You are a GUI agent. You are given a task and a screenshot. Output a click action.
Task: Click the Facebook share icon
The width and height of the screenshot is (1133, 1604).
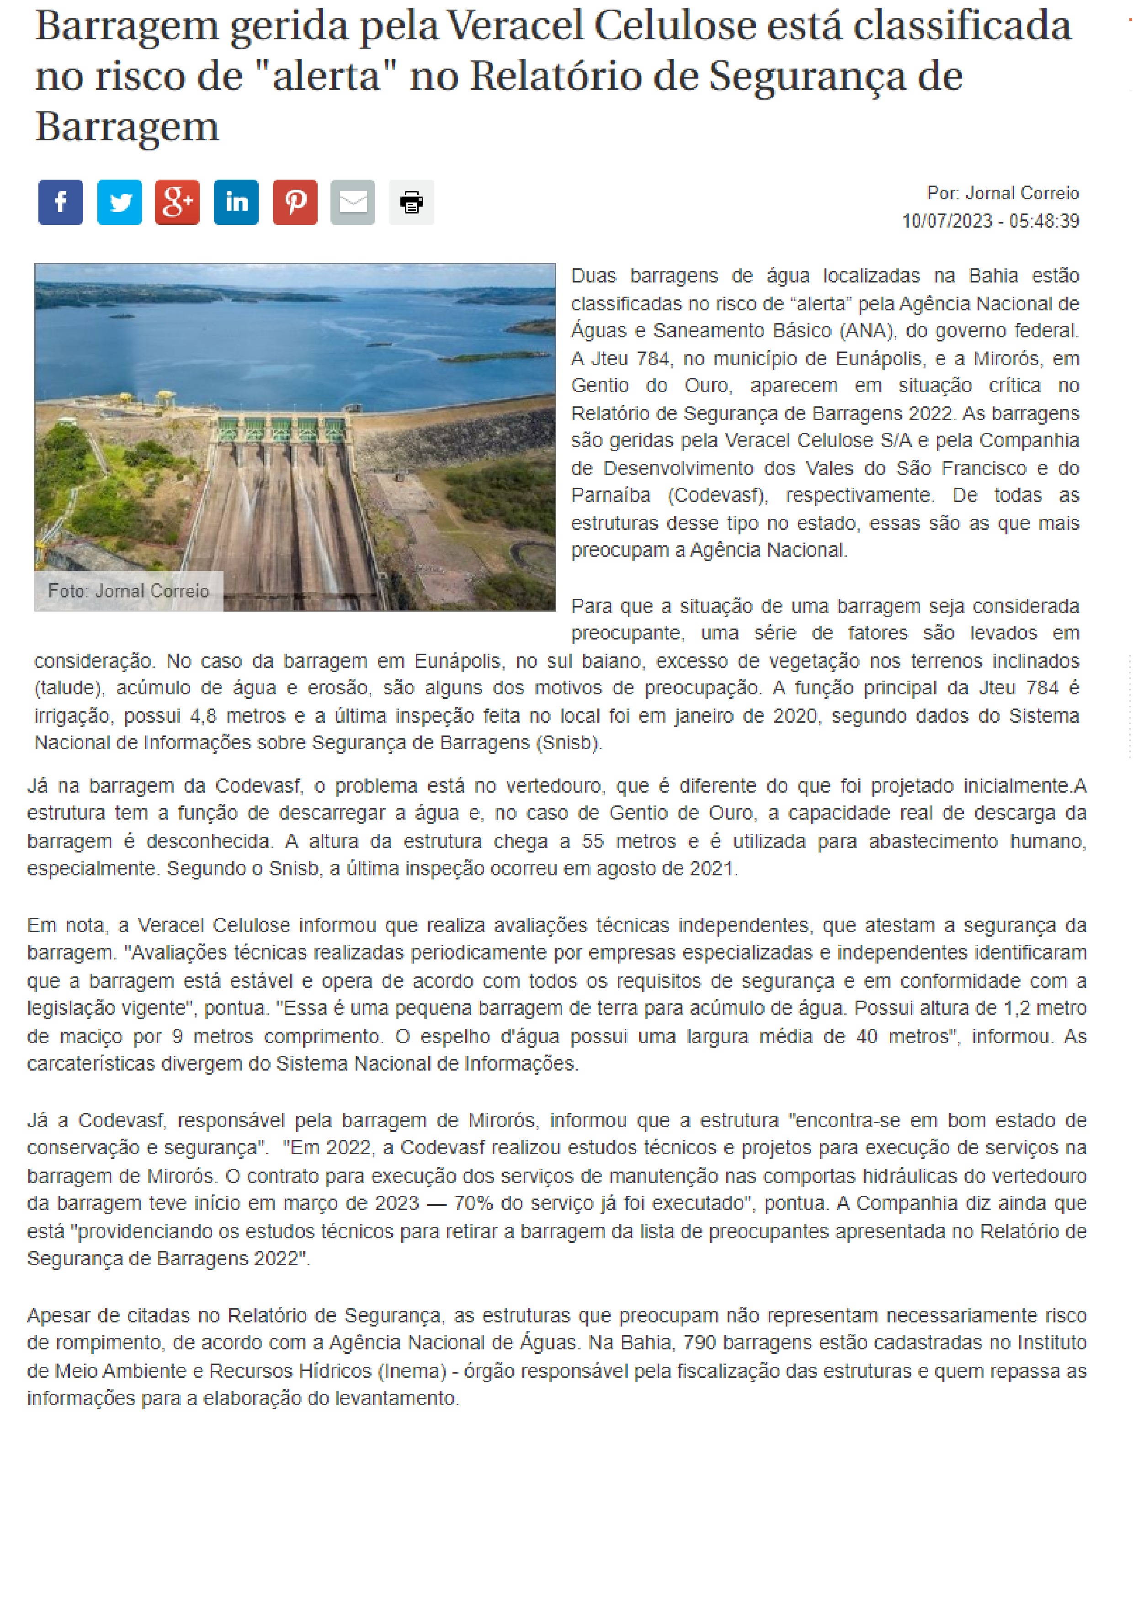pyautogui.click(x=61, y=202)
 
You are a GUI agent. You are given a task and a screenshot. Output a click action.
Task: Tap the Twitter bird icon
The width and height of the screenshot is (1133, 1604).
pyautogui.click(x=119, y=202)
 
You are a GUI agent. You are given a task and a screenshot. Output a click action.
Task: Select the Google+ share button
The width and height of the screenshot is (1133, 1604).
pyautogui.click(x=177, y=202)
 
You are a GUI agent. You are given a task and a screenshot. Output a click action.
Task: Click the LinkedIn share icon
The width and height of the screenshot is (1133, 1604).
pyautogui.click(x=236, y=202)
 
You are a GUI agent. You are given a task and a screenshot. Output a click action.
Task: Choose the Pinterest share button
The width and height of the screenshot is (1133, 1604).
pyautogui.click(x=295, y=202)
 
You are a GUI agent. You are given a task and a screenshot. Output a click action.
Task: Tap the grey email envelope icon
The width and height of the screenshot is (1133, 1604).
pyautogui.click(x=353, y=202)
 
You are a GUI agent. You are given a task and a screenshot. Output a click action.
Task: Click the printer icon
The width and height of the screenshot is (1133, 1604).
pyautogui.click(x=411, y=202)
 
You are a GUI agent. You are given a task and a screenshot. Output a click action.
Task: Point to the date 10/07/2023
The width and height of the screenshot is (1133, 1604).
pyautogui.click(x=947, y=221)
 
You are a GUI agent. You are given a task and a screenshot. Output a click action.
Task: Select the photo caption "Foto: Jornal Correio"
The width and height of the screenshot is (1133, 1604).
pyautogui.click(x=128, y=591)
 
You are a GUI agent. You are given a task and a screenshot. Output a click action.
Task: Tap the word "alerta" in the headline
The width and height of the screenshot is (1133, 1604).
pyautogui.click(x=326, y=77)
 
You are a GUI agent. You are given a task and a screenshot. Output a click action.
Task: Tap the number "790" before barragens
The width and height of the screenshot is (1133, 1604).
pyautogui.click(x=699, y=1343)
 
